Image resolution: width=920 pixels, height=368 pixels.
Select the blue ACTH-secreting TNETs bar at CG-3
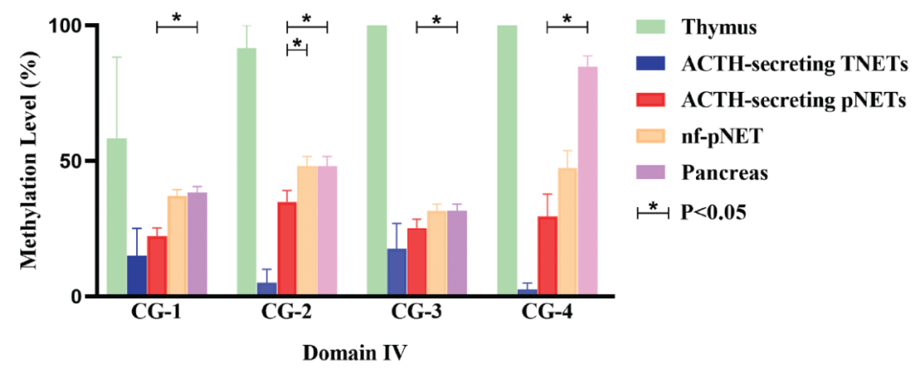397,273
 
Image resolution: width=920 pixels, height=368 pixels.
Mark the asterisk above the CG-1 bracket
177,18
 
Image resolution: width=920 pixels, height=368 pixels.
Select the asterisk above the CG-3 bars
436,20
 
